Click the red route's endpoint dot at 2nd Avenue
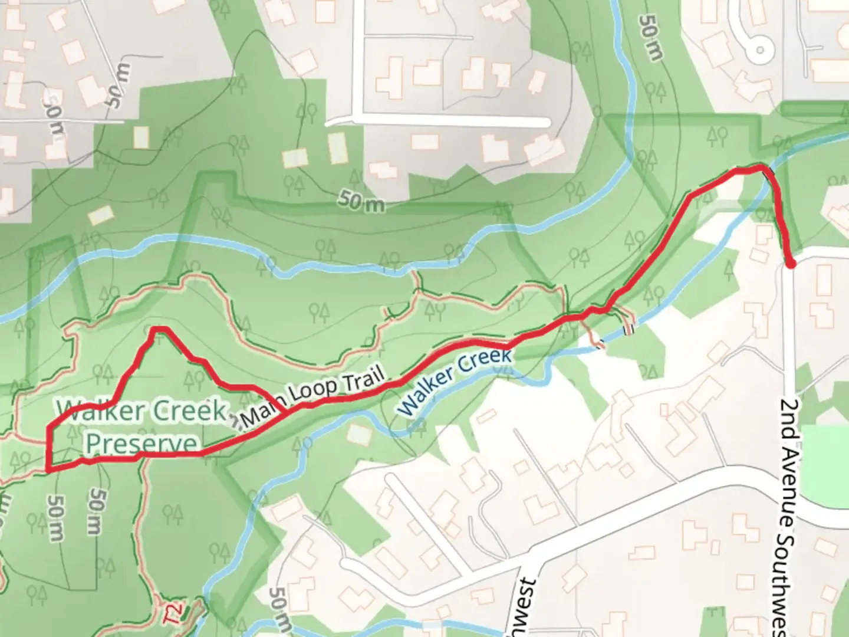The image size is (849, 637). (x=790, y=264)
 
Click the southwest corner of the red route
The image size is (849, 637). (x=48, y=469)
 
